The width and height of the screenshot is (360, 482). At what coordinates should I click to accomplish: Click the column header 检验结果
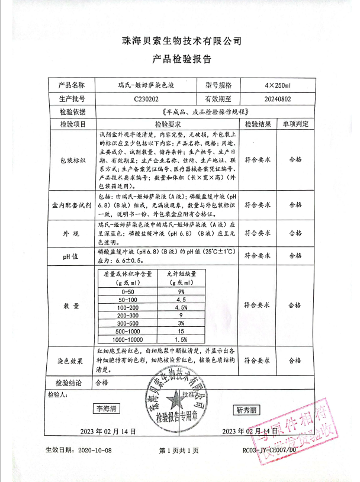click(x=258, y=124)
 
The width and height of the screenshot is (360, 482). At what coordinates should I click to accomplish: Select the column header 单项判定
click(x=295, y=124)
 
